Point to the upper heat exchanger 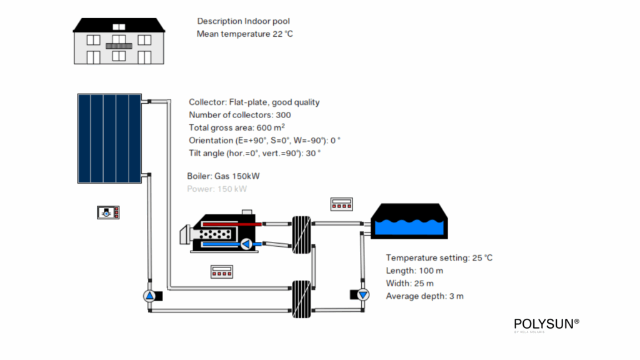click(301, 234)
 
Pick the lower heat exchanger click(301, 299)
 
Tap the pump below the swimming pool click(363, 294)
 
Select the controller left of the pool click(342, 204)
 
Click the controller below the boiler click(221, 272)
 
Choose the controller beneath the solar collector click(108, 212)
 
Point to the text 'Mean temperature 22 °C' click(244, 34)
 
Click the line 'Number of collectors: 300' click(239, 115)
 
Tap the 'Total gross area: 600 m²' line click(237, 127)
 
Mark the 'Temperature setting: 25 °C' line click(439, 257)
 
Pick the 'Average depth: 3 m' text click(424, 296)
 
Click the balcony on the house click(119, 46)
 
